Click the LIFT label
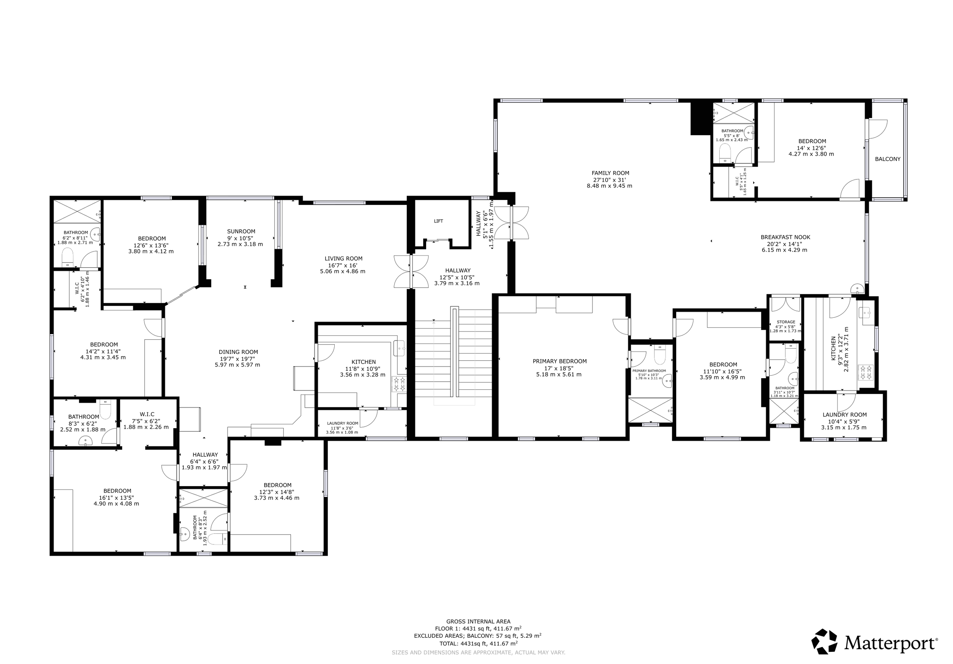(438, 221)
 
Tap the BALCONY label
(887, 159)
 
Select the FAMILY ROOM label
(610, 173)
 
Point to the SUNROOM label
(241, 231)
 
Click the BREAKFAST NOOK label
(785, 237)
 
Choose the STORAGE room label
(786, 322)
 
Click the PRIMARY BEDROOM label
(560, 361)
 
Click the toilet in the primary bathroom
(659, 355)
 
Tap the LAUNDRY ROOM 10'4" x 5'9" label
(844, 415)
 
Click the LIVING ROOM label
(343, 258)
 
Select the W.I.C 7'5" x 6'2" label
(147, 414)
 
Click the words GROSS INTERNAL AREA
(478, 621)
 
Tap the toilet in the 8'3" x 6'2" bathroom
(106, 408)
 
